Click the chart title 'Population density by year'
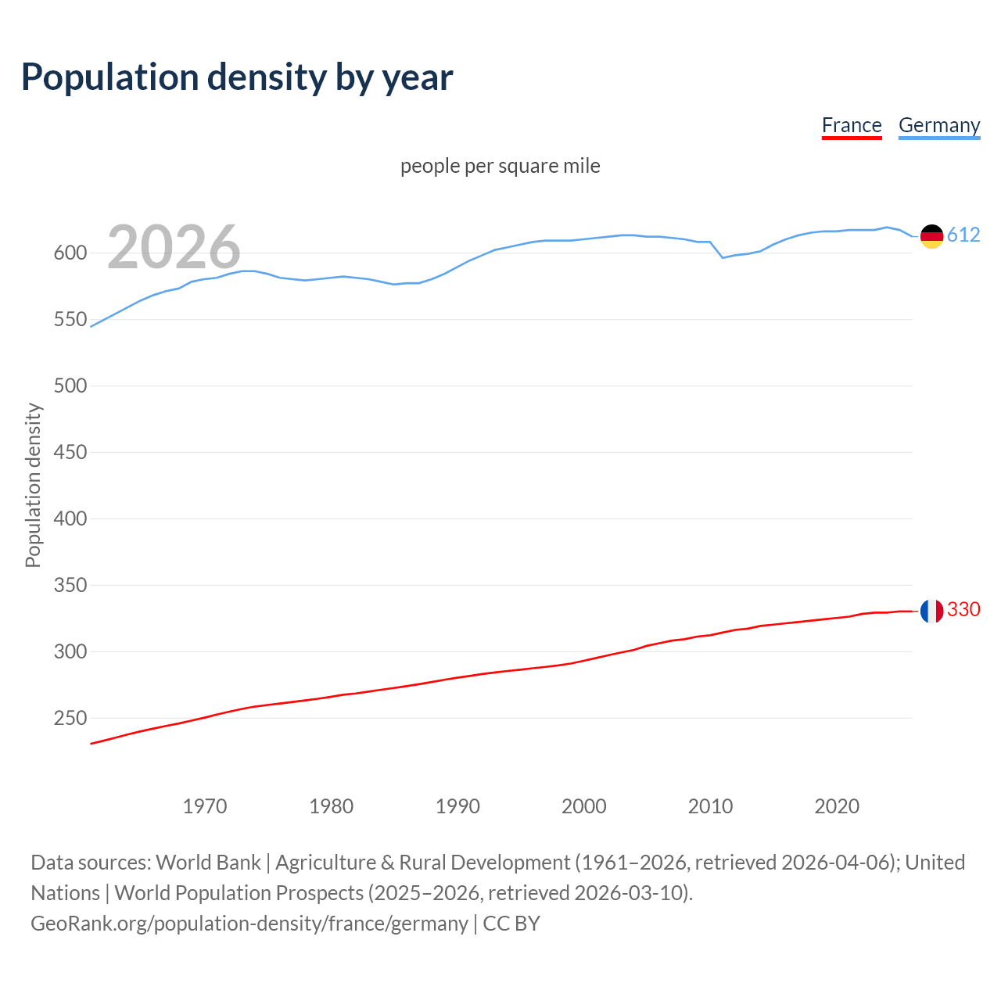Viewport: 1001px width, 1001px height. click(237, 77)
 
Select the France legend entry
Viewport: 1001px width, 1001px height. click(852, 125)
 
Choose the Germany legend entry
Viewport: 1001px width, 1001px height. click(938, 125)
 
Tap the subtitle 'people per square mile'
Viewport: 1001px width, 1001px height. click(500, 166)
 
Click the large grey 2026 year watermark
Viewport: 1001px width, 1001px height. click(174, 247)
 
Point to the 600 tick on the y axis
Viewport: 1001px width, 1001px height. click(69, 253)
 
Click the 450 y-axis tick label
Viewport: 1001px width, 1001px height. click(69, 452)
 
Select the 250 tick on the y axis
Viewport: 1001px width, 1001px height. click(69, 718)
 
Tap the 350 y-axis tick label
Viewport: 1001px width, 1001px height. click(69, 585)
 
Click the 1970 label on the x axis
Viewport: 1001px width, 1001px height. click(205, 806)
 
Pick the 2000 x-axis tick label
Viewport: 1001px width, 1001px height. click(583, 806)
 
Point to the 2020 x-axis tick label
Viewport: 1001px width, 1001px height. click(837, 806)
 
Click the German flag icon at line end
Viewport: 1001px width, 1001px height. click(931, 236)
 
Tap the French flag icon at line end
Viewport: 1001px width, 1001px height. click(931, 611)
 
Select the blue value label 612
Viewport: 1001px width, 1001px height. click(963, 235)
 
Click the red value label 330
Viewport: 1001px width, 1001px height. click(963, 609)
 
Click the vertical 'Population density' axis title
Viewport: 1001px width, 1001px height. click(33, 485)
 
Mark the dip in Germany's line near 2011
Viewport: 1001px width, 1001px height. click(723, 257)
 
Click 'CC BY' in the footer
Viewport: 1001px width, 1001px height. click(511, 924)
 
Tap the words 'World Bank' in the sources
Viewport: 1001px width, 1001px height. click(208, 863)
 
